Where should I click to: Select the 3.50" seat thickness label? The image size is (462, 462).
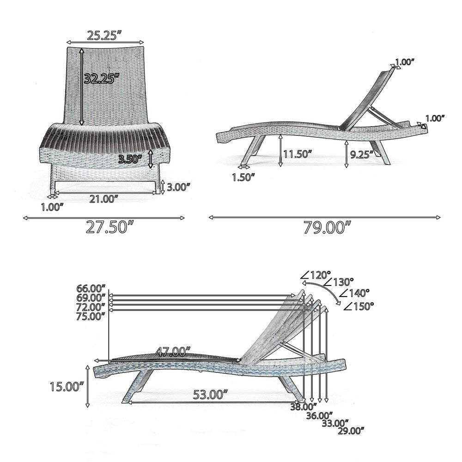(130, 159)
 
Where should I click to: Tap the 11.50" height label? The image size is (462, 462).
(298, 154)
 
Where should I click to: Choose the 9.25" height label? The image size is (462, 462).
(362, 154)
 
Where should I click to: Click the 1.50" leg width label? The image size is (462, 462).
(243, 177)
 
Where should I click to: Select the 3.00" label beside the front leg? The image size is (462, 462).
(178, 187)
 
